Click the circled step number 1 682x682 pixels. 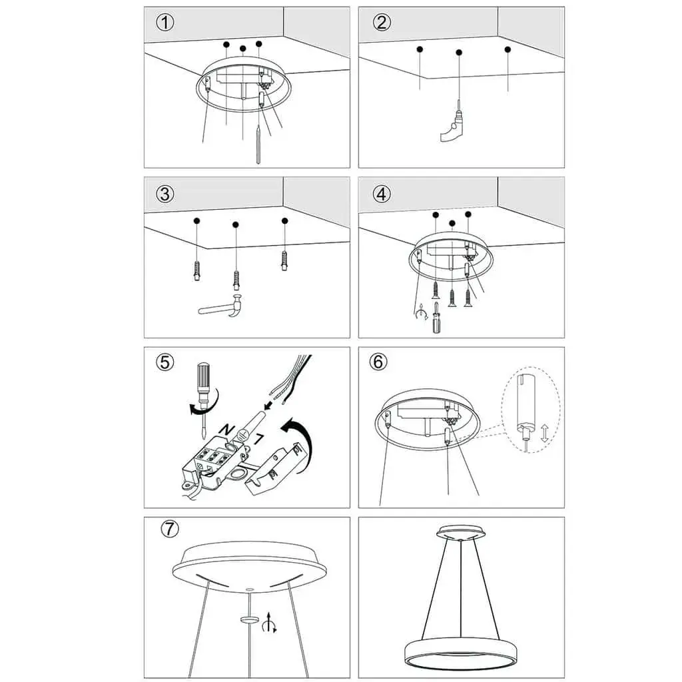[x=165, y=23]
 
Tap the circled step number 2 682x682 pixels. [x=382, y=23]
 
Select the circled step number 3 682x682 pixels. [x=165, y=194]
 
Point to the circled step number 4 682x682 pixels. [x=382, y=194]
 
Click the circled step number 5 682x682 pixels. [x=165, y=362]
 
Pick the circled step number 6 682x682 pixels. [x=378, y=362]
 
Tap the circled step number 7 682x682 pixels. [x=170, y=529]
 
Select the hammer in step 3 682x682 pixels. [x=221, y=306]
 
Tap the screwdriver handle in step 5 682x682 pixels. [x=203, y=378]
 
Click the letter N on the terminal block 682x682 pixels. [x=226, y=430]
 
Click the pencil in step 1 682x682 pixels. [x=258, y=145]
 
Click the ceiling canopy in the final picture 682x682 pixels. [x=461, y=532]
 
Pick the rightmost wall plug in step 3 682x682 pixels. [x=284, y=261]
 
